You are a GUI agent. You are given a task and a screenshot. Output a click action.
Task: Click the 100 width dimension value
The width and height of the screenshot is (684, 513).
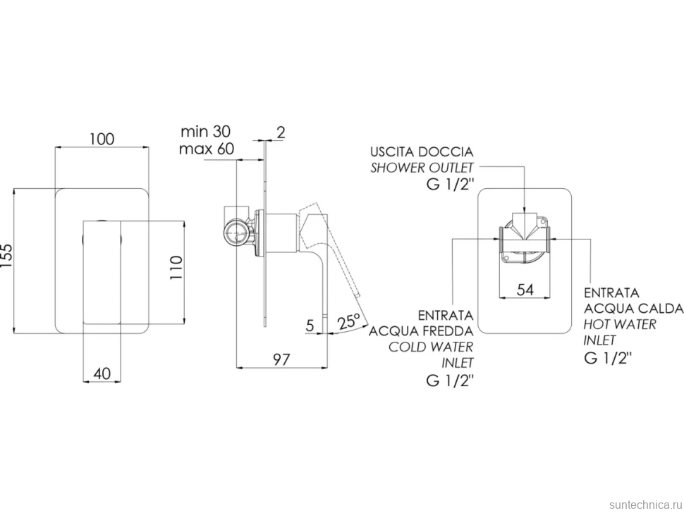(x=102, y=139)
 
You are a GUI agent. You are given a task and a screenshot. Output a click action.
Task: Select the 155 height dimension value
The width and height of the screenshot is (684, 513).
(x=8, y=261)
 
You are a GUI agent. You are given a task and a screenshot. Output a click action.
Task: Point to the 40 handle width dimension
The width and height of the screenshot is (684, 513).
(x=102, y=373)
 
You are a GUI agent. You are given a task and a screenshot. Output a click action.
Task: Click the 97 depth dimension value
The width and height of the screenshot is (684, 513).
(x=281, y=359)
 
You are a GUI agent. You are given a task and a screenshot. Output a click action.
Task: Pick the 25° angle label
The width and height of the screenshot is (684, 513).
(x=349, y=321)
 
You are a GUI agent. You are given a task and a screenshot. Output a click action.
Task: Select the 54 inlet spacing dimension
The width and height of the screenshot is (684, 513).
(x=525, y=290)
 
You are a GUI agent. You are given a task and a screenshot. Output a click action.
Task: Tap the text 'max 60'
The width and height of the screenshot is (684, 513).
(x=207, y=149)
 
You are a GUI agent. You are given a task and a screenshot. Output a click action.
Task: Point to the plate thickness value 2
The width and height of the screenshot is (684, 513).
(x=281, y=132)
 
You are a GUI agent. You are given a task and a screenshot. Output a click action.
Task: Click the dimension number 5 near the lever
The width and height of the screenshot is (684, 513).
(x=310, y=325)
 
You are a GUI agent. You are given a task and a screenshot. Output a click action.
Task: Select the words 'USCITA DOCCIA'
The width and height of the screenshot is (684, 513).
(x=422, y=152)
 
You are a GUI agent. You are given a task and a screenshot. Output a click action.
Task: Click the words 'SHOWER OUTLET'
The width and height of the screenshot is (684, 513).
(x=422, y=168)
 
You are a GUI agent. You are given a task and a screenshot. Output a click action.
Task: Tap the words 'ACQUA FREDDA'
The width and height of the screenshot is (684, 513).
(x=422, y=331)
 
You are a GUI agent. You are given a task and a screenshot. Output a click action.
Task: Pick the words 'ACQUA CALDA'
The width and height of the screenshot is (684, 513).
(x=633, y=309)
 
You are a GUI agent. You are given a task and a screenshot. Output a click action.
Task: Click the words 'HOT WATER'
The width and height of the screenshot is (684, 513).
(x=620, y=324)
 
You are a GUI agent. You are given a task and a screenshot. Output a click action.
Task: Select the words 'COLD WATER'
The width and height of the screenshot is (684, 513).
(x=431, y=347)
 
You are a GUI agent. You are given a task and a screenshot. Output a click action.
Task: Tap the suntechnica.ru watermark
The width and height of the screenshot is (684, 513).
(x=646, y=505)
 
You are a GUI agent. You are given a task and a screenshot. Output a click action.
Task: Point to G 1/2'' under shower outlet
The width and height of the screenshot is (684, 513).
(x=450, y=185)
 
